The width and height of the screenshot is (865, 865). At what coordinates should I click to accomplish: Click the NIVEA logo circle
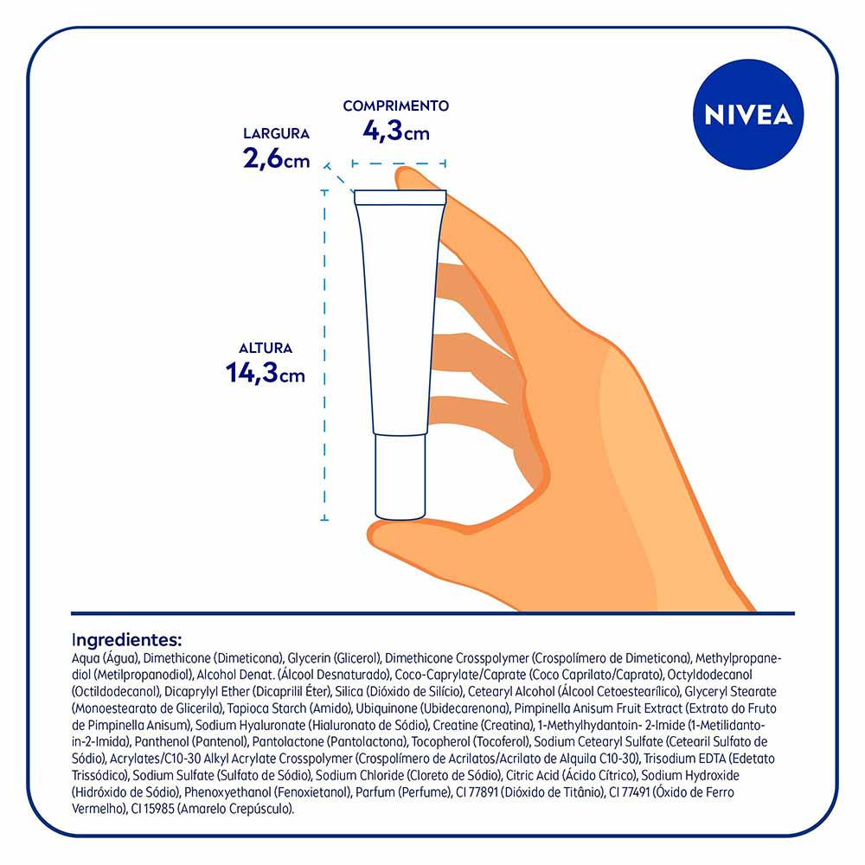[748, 114]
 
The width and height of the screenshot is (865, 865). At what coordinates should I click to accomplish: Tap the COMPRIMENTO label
[395, 106]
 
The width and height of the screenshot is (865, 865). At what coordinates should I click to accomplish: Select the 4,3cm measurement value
[395, 131]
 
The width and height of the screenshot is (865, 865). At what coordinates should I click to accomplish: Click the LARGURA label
[276, 133]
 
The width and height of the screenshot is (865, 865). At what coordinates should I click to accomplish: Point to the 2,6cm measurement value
[276, 158]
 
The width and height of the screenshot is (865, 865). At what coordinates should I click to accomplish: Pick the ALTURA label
[266, 348]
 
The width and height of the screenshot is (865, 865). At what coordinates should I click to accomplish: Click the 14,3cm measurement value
[266, 373]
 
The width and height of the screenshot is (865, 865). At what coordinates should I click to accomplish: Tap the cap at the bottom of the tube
[400, 477]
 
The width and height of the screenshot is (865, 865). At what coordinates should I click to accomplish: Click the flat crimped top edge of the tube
[400, 197]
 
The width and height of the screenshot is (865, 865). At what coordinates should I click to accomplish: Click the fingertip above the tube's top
[413, 179]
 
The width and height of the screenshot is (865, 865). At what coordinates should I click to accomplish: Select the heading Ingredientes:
[126, 640]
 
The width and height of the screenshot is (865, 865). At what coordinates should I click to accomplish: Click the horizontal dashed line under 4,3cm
[399, 163]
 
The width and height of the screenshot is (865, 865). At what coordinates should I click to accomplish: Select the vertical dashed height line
[324, 355]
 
